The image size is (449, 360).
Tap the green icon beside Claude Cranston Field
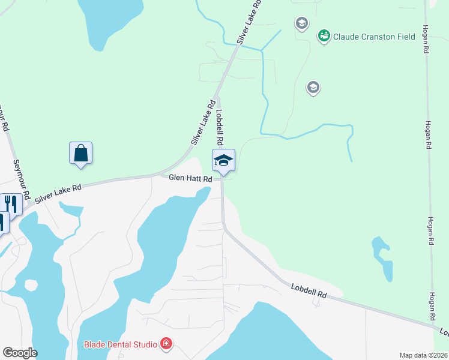pyautogui.click(x=324, y=36)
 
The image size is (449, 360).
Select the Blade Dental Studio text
pyautogui.click(x=120, y=344)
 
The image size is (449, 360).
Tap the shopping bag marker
pyautogui.click(x=80, y=154)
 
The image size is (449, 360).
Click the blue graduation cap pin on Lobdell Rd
pyautogui.click(x=223, y=161)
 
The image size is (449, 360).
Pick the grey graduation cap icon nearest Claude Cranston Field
pyautogui.click(x=301, y=24)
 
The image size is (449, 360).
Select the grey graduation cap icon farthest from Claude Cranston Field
pyautogui.click(x=313, y=88)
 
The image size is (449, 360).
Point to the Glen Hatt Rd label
pyautogui.click(x=190, y=178)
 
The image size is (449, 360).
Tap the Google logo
pyautogui.click(x=20, y=353)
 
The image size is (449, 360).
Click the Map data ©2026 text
pyautogui.click(x=423, y=355)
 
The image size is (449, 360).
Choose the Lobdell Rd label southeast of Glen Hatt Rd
pyautogui.click(x=309, y=291)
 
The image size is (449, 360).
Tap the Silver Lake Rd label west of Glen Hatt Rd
pyautogui.click(x=58, y=194)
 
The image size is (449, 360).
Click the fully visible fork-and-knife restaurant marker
pyautogui.click(x=11, y=204)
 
